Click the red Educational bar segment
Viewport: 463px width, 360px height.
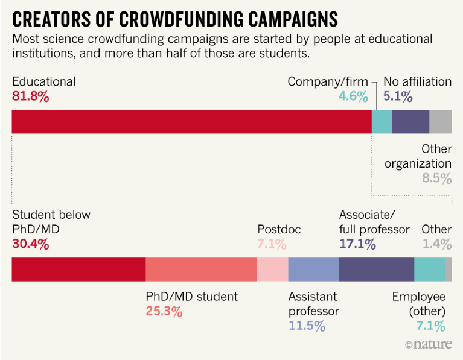coord(191,121)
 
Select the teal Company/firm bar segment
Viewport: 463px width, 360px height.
coord(382,121)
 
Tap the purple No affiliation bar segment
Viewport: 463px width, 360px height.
coord(410,121)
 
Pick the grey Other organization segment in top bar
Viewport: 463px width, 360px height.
coord(440,121)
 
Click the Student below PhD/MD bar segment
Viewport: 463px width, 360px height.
coord(78,269)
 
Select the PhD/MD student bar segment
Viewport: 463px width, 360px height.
coord(201,269)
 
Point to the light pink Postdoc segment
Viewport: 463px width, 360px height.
coord(272,269)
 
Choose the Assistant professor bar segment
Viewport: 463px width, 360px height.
coord(313,269)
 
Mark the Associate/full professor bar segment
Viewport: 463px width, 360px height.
coord(376,269)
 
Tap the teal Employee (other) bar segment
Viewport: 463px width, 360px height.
coord(429,269)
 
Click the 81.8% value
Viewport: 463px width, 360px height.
coord(30,96)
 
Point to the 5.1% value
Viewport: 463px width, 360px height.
coord(398,96)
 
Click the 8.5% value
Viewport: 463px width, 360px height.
coord(436,178)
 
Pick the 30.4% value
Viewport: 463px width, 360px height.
coord(31,244)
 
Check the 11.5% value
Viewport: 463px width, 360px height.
coord(307,326)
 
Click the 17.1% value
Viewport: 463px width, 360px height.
coord(358,244)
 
